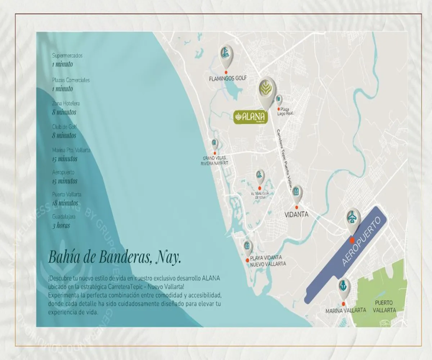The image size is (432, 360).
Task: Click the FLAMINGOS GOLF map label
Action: point(228,78)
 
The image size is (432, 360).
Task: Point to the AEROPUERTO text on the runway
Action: point(361,242)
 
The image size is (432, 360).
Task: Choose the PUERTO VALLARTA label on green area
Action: point(384,306)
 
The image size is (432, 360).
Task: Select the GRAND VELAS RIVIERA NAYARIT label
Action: point(215,161)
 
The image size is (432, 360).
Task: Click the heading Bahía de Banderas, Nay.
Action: point(114,258)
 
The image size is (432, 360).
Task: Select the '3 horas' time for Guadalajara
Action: point(61,226)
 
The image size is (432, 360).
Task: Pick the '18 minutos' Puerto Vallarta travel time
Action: point(65,203)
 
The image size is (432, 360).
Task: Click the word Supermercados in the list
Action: point(67,56)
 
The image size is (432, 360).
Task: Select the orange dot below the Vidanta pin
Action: point(297,207)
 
